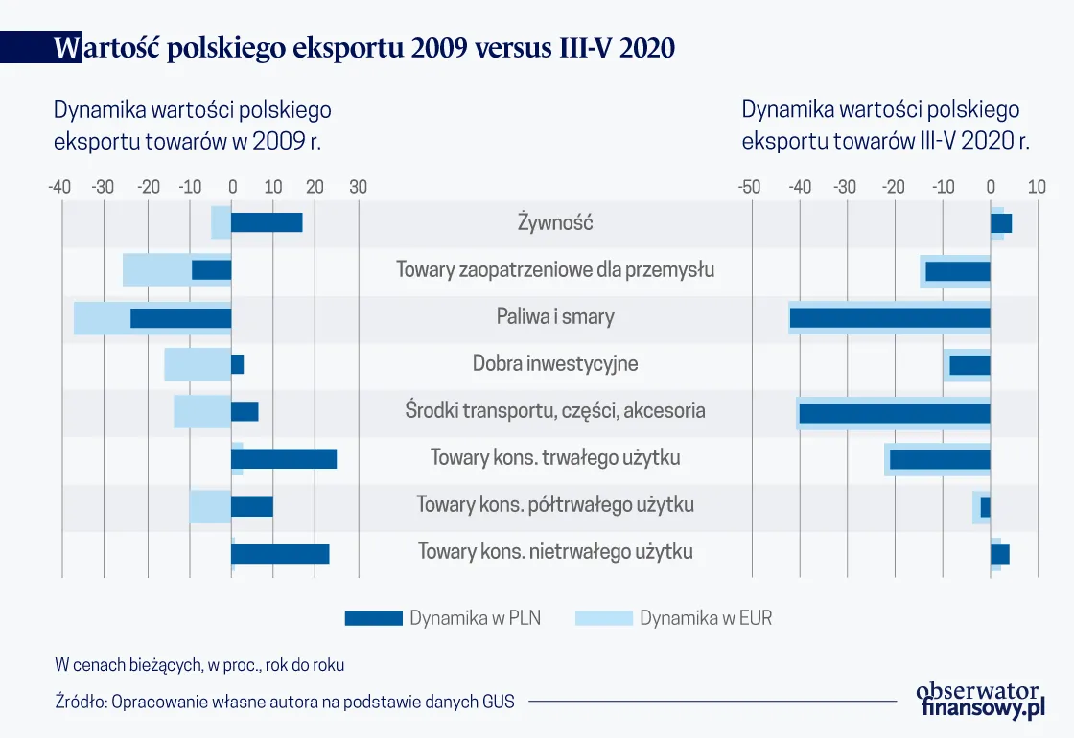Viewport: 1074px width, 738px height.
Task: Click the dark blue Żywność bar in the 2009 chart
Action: pyautogui.click(x=267, y=222)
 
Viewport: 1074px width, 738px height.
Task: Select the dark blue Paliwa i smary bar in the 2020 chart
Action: pyautogui.click(x=890, y=317)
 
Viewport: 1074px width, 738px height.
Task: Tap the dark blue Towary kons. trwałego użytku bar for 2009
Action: pyautogui.click(x=284, y=458)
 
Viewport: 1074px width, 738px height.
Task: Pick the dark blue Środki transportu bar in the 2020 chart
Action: pyautogui.click(x=894, y=413)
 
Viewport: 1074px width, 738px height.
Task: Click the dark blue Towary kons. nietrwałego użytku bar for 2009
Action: pyautogui.click(x=280, y=553)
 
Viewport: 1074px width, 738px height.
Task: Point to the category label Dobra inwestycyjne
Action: pyautogui.click(x=555, y=364)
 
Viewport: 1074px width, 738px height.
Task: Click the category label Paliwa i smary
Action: pyautogui.click(x=555, y=316)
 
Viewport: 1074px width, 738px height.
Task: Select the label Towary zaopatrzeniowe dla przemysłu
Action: pyautogui.click(x=555, y=270)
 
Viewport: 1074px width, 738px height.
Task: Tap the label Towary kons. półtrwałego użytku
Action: pyautogui.click(x=555, y=504)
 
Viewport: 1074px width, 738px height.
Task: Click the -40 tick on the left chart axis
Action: pyautogui.click(x=58, y=187)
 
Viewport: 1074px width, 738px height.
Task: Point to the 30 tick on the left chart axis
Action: pyautogui.click(x=358, y=187)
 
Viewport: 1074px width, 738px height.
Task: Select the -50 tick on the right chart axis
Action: pyautogui.click(x=749, y=187)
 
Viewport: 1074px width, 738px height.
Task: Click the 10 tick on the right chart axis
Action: pyautogui.click(x=1037, y=187)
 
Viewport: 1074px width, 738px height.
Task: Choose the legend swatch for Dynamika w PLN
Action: pyautogui.click(x=373, y=618)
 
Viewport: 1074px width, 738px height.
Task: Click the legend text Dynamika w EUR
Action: pyautogui.click(x=706, y=618)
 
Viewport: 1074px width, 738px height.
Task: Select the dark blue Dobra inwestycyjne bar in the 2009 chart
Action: pyautogui.click(x=237, y=364)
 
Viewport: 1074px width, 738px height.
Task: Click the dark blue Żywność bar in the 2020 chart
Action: pyautogui.click(x=1001, y=223)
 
